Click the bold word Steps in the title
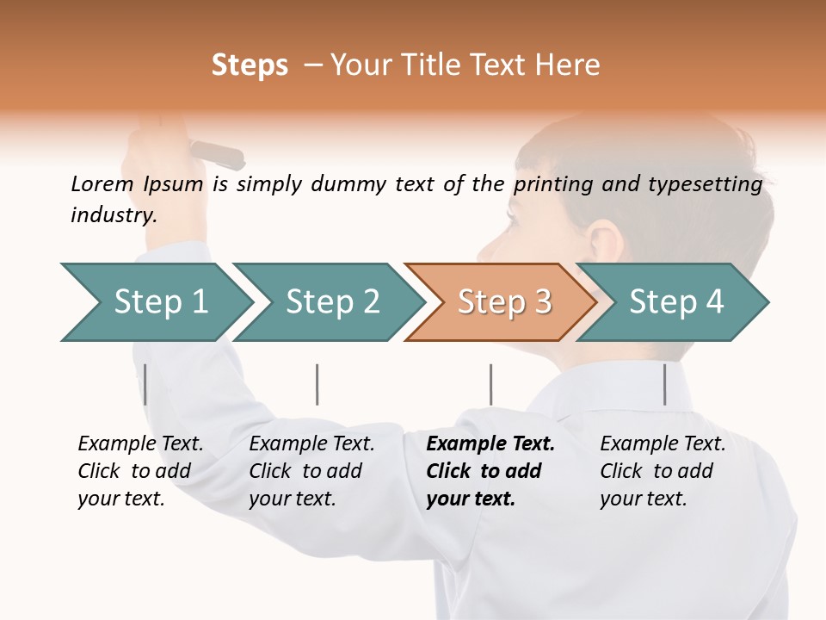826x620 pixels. pos(250,65)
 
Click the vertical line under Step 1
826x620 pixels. pos(145,384)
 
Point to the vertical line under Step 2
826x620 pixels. pos(317,384)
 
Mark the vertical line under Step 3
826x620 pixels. pos(490,384)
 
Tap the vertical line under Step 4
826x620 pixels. pos(664,384)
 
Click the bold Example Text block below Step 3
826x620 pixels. pos(490,471)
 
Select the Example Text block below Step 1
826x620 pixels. pos(140,471)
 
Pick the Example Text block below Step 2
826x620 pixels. pos(311,471)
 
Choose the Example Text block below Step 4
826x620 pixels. pos(663,471)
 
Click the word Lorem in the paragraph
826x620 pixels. pos(102,183)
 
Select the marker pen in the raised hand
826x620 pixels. pos(217,154)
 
